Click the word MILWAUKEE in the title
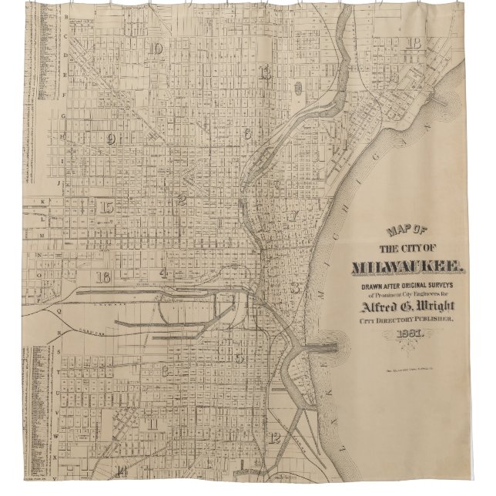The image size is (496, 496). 407,269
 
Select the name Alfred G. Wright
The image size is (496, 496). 404,307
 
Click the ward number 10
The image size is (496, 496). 157,50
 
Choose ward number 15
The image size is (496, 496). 106,206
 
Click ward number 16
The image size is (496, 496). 103,276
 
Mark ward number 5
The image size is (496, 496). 241,357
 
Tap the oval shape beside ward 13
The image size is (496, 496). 297,84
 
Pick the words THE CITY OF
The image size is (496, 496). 407,249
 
